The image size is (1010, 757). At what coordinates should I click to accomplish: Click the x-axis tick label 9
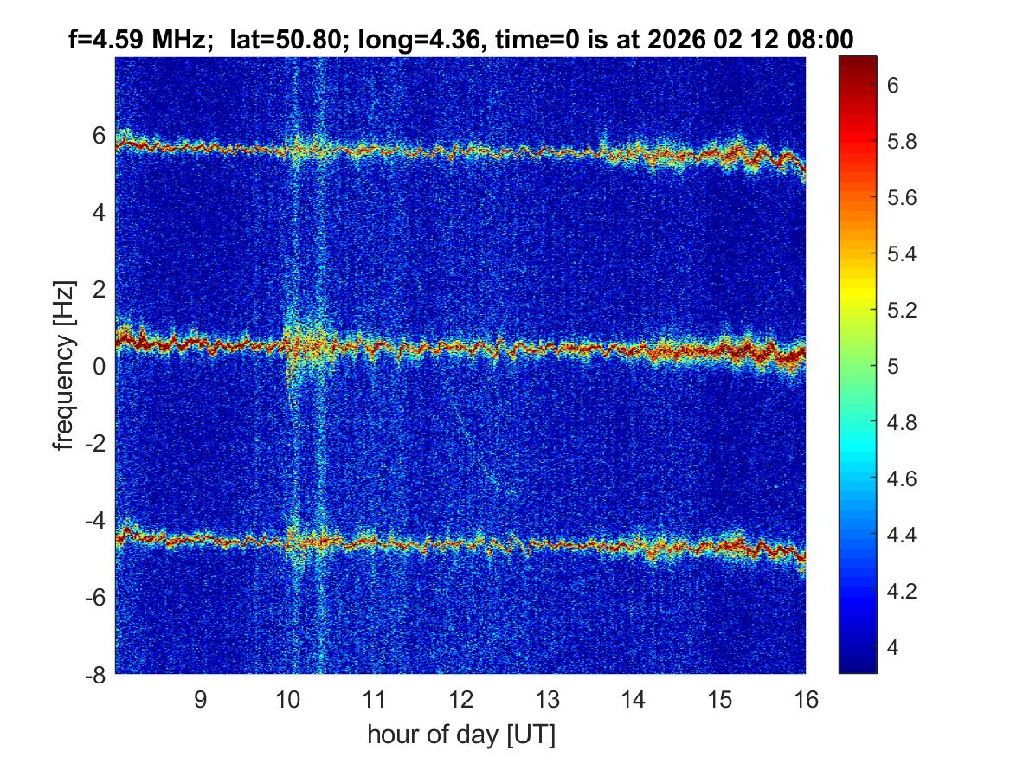point(200,699)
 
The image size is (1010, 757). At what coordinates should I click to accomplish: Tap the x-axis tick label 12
point(460,699)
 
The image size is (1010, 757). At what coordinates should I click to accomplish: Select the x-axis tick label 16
point(805,699)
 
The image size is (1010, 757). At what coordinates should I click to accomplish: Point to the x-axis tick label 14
point(633,699)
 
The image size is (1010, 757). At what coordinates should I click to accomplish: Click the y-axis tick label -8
point(94,673)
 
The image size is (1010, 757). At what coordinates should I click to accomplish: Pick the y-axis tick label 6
point(100,135)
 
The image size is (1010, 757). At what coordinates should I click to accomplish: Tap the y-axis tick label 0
point(100,366)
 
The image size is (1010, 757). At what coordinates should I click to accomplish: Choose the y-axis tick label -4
point(94,520)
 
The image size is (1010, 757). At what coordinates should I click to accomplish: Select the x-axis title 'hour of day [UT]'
point(460,735)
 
